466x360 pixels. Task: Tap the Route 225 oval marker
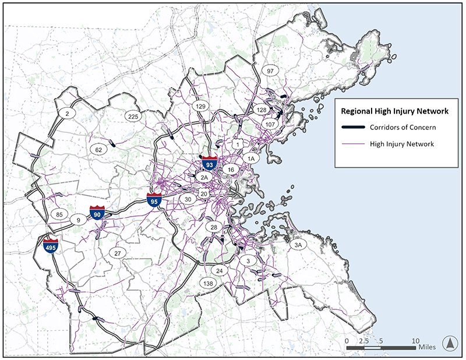click(133, 117)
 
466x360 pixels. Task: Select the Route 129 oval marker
click(202, 106)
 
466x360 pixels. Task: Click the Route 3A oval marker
click(298, 246)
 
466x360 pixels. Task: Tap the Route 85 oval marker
click(59, 214)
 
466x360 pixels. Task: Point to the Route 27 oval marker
click(117, 253)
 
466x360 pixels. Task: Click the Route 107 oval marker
click(270, 125)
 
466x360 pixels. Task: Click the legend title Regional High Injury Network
click(390, 111)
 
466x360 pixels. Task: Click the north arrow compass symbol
click(449, 344)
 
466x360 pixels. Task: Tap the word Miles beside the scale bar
click(426, 347)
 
